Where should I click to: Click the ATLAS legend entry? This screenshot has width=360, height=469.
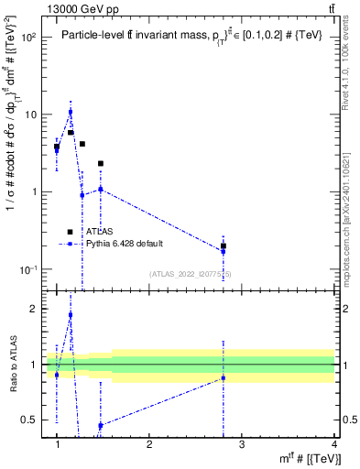tap(87, 233)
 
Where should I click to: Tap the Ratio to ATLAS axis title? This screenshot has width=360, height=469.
tap(14, 365)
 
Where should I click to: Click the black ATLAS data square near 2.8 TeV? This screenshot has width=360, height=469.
tap(224, 245)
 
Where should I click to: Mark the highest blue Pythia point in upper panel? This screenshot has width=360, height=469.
tap(71, 112)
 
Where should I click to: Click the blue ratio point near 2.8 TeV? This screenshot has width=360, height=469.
tap(224, 377)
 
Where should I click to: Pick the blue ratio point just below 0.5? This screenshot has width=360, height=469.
tap(100, 425)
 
